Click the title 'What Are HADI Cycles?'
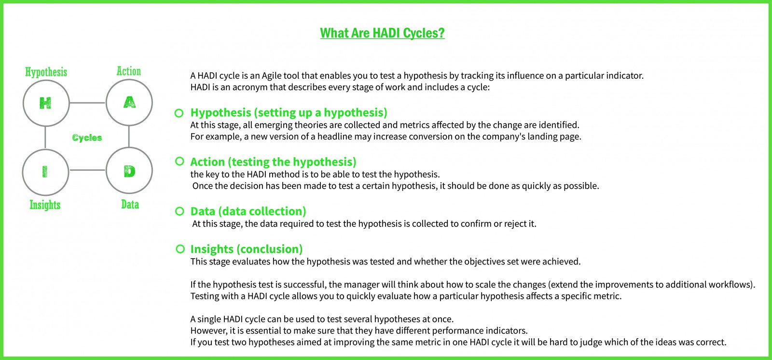pyautogui.click(x=382, y=33)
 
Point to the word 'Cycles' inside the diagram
pyautogui.click(x=87, y=138)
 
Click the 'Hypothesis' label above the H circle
pyautogui.click(x=46, y=72)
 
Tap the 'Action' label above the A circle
pyautogui.click(x=129, y=71)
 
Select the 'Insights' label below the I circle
pyautogui.click(x=45, y=205)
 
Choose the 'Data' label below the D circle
pyautogui.click(x=130, y=204)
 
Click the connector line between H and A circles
pyautogui.click(x=87, y=102)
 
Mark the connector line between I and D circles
pyautogui.click(x=87, y=170)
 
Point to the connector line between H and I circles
pyautogui.click(x=45, y=138)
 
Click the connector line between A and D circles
pyautogui.click(x=129, y=137)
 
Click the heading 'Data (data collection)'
pyautogui.click(x=248, y=211)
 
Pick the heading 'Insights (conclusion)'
pyautogui.click(x=247, y=249)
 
